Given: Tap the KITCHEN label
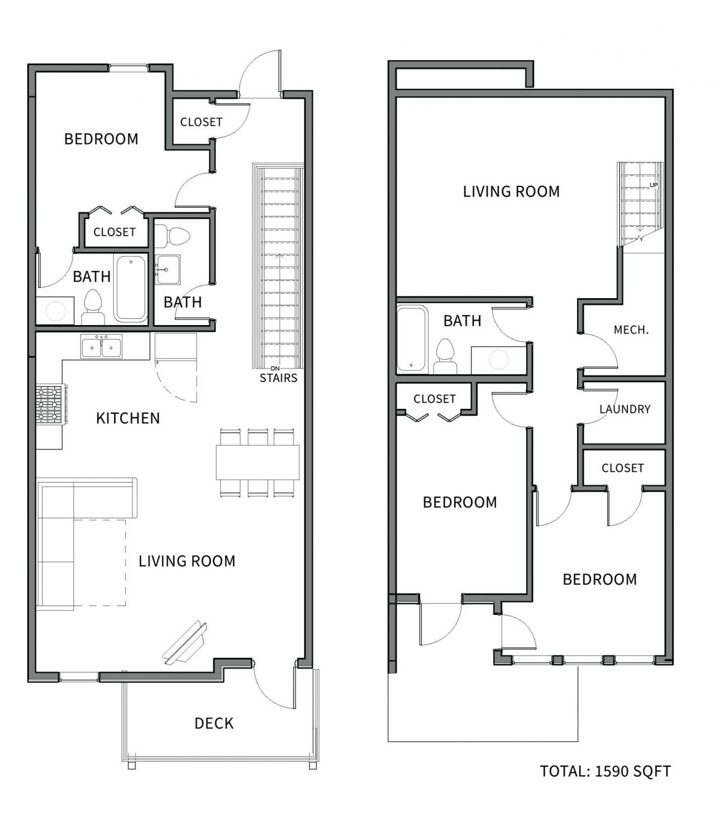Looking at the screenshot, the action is [128, 418].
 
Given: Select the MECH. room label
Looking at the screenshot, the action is [631, 330].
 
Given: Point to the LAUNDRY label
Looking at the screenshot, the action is [625, 409].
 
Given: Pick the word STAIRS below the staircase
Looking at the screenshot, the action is [279, 378].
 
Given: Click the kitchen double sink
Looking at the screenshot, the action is [101, 346].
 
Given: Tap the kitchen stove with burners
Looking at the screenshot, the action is [51, 404].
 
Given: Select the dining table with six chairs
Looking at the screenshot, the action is [258, 463].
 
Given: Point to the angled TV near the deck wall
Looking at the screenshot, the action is [185, 644].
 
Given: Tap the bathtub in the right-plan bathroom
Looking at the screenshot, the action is [412, 338].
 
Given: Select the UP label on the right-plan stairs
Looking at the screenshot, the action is [654, 185].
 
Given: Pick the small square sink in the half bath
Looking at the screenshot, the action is [168, 270].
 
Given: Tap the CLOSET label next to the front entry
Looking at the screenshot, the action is [201, 122].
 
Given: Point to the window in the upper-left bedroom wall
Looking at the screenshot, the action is [128, 68].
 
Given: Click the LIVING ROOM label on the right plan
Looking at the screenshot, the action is [511, 192].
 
